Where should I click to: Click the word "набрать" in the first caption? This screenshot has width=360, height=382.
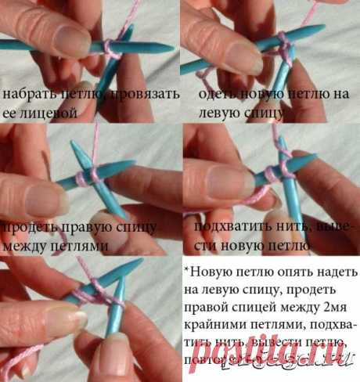[23, 94]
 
